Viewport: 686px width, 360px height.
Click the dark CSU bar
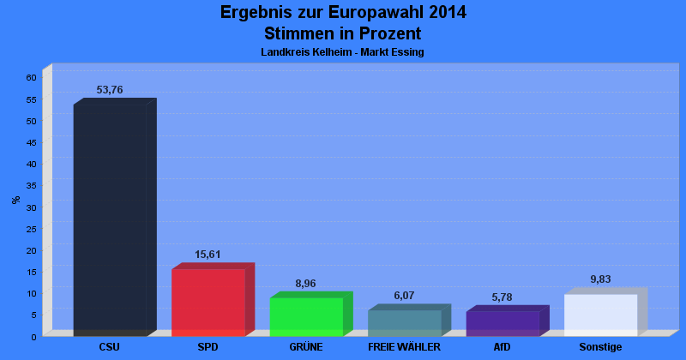tap(110, 220)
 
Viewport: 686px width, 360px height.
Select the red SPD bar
tap(208, 303)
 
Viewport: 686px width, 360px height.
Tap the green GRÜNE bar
tap(306, 316)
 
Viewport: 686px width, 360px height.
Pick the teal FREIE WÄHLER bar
tap(404, 322)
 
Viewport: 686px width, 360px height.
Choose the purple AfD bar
tap(502, 323)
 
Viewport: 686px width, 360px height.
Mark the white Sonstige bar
tap(600, 315)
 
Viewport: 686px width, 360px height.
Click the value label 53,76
tap(110, 90)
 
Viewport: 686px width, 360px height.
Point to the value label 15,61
tap(208, 255)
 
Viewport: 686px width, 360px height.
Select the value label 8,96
tap(306, 283)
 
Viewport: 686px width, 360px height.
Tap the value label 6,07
tap(404, 296)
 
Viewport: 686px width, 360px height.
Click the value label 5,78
tap(502, 297)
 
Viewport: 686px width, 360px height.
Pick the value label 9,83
tap(600, 279)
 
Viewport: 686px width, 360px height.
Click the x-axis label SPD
tap(208, 347)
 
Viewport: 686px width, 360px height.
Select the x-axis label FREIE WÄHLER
tap(404, 347)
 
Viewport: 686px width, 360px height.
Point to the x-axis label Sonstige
tap(600, 347)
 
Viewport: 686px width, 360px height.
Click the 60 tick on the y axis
tap(31, 77)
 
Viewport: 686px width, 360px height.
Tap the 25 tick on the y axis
tap(31, 228)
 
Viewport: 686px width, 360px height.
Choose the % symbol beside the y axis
tap(15, 200)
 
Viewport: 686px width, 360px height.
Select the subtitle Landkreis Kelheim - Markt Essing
tap(342, 52)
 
